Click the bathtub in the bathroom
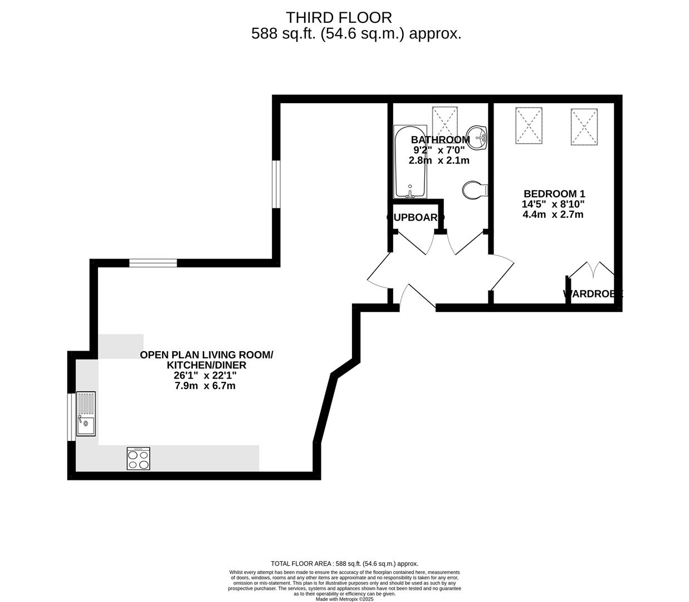tap(411, 162)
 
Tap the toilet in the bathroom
tap(475, 190)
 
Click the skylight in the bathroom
tap(444, 120)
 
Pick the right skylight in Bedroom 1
tap(584, 127)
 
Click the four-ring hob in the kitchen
tap(138, 459)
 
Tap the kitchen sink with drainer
tap(86, 414)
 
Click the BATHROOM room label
tap(440, 140)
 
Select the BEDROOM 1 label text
tap(553, 194)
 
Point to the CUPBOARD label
tap(416, 217)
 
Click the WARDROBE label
tap(593, 294)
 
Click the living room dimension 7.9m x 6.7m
tap(204, 386)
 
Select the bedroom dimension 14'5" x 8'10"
tap(553, 204)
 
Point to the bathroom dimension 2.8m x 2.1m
tap(439, 161)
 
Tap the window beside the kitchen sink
tap(71, 417)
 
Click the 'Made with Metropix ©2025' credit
tap(344, 599)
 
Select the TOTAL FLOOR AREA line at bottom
tap(344, 564)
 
